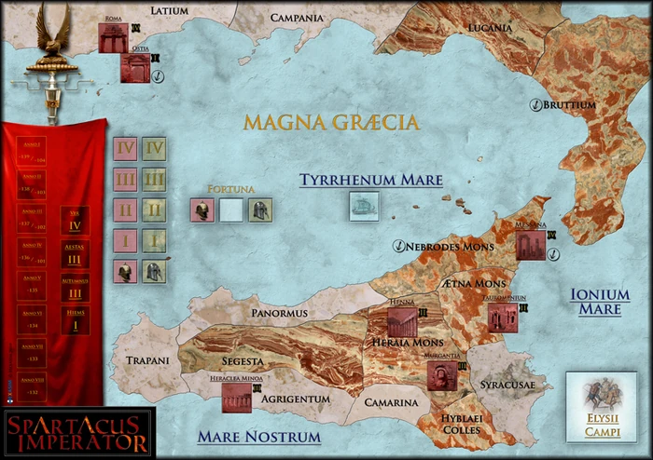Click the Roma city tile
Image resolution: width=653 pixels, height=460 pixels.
[x=112, y=37]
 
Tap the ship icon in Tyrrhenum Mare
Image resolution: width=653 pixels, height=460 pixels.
[x=364, y=206]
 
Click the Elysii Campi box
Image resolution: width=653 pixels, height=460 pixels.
[x=596, y=406]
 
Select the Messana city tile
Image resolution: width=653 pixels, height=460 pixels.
[x=530, y=245]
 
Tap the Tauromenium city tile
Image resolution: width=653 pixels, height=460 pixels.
[x=502, y=318]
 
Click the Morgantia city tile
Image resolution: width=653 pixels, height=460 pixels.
[x=441, y=375]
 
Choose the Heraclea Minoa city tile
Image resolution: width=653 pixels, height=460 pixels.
[x=236, y=398]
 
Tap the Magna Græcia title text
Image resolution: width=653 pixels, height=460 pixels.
[x=330, y=122]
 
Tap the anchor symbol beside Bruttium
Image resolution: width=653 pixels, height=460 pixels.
[x=535, y=104]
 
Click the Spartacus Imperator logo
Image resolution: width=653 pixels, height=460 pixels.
[x=77, y=432]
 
